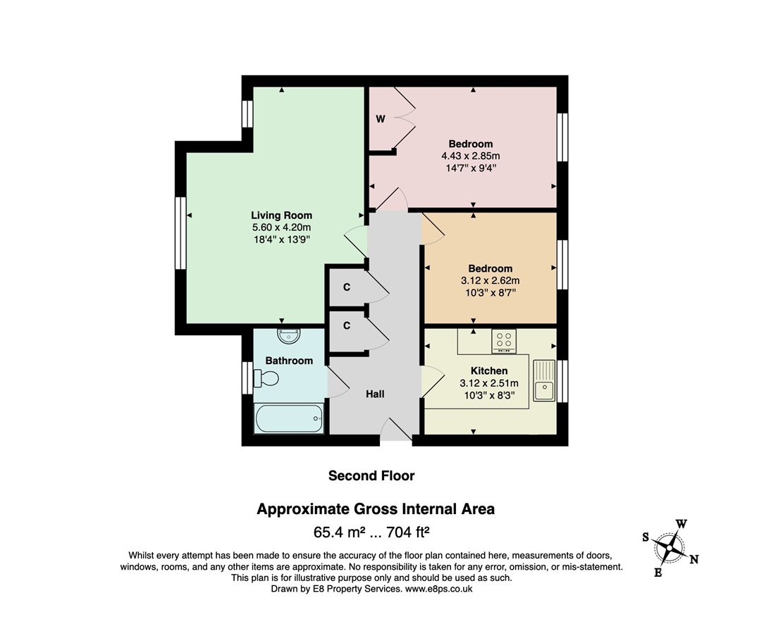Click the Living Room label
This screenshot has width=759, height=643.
click(281, 216)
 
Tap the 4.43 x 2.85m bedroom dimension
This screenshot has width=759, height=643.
click(471, 156)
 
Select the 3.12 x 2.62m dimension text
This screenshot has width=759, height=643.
click(490, 280)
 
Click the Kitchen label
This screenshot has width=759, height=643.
click(489, 371)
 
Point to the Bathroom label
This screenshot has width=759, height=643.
click(289, 361)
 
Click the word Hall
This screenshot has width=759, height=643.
click(375, 394)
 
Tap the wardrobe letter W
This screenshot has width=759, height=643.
click(381, 118)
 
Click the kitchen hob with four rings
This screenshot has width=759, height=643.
click(504, 341)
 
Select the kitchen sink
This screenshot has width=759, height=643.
click(545, 380)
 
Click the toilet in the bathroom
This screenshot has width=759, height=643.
click(266, 378)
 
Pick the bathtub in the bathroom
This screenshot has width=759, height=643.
click(289, 418)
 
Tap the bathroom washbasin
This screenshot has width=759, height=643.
click(289, 335)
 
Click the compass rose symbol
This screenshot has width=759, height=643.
click(670, 549)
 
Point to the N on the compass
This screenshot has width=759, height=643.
click(694, 559)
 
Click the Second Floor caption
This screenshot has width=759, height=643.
click(371, 476)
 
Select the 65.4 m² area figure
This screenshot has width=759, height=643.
click(339, 532)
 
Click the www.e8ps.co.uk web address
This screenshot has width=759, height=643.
click(438, 589)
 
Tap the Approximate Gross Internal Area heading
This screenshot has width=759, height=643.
click(376, 509)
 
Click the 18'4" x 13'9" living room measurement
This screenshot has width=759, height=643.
click(281, 239)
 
